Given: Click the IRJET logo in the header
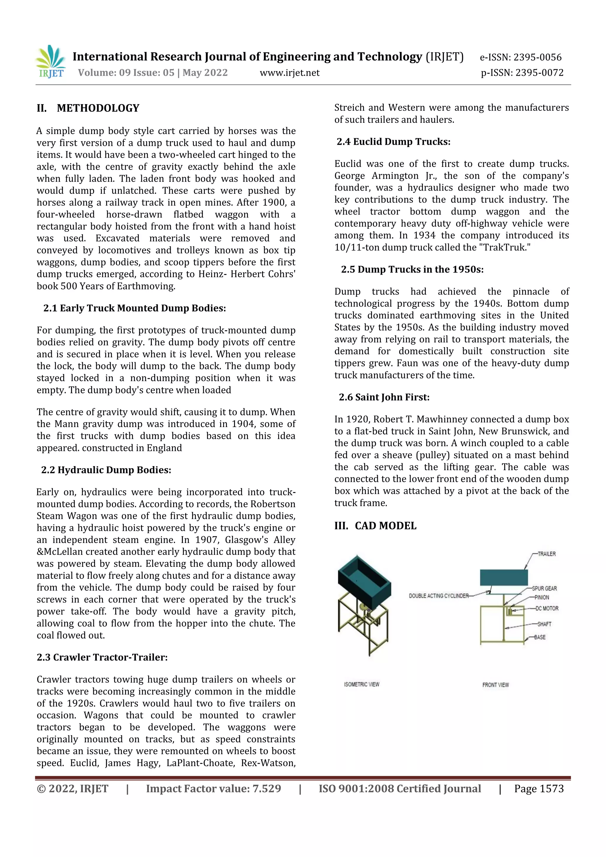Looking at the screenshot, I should tap(51, 62).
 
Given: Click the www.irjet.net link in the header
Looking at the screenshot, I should tap(290, 73).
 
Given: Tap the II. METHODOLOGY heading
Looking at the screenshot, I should tap(88, 108).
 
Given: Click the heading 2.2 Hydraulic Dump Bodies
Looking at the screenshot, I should tap(106, 470).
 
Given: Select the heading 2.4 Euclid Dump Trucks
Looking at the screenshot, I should tap(393, 142).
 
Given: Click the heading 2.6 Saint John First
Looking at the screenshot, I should tap(384, 397).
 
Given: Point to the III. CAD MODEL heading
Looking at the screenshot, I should tap(375, 526).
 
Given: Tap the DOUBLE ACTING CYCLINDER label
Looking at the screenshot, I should tap(439, 596).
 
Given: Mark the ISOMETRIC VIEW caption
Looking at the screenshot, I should tap(361, 684).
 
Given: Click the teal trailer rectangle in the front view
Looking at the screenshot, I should tap(503, 577).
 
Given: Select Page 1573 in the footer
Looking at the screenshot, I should tap(539, 789).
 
